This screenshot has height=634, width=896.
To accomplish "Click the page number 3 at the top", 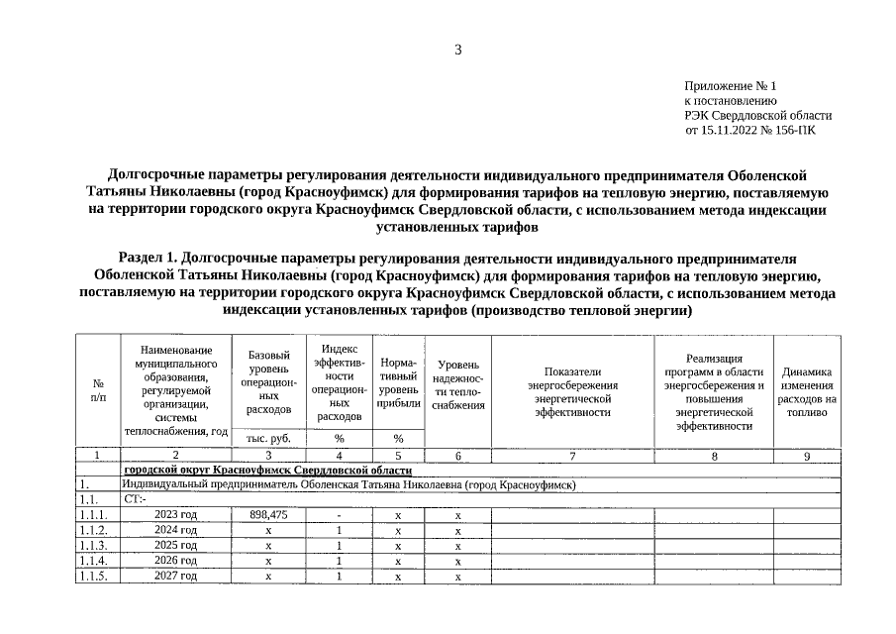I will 458,50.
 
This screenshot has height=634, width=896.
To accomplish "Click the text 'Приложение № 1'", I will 731,87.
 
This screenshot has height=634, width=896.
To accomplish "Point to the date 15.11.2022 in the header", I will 730,130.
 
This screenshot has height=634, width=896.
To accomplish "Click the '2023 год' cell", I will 175,515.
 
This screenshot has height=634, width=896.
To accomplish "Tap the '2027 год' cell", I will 175,576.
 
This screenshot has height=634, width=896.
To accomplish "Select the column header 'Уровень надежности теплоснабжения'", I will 457,385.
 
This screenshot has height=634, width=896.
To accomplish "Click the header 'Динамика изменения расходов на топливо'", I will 807,385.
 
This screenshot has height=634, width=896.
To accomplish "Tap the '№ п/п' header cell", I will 98,390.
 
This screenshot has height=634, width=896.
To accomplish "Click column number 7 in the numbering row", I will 572,456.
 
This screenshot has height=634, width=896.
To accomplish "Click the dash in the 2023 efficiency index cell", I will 339,515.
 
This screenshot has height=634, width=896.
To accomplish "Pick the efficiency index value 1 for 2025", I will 339,546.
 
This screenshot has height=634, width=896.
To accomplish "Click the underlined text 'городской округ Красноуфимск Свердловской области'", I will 267,470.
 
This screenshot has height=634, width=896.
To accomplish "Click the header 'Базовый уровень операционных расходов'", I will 267,381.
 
